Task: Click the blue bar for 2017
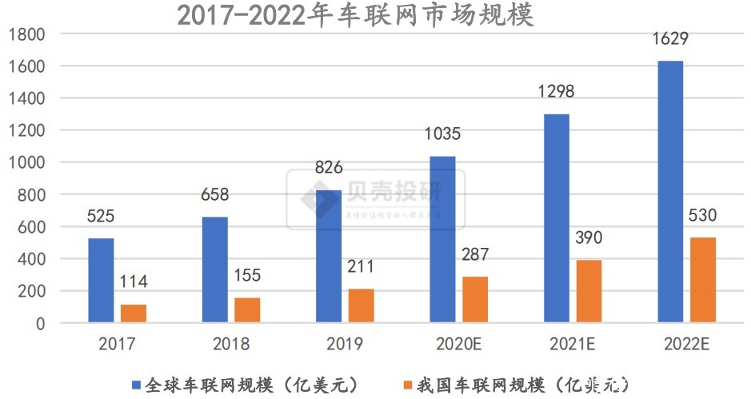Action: [x=101, y=281]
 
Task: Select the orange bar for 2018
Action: [x=247, y=310]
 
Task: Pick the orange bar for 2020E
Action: [x=474, y=300]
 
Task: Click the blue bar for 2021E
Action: [x=556, y=218]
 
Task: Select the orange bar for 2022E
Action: [x=702, y=280]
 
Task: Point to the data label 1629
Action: [x=669, y=39]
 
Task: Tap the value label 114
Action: [x=134, y=282]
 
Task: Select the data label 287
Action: [x=475, y=255]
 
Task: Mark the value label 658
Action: [x=214, y=195]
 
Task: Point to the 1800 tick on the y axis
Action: [x=28, y=34]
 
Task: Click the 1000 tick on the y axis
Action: [x=28, y=163]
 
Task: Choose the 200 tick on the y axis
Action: [x=33, y=292]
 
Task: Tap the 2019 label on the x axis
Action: [x=345, y=345]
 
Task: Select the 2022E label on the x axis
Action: [x=686, y=345]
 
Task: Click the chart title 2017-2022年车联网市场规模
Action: [x=355, y=14]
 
